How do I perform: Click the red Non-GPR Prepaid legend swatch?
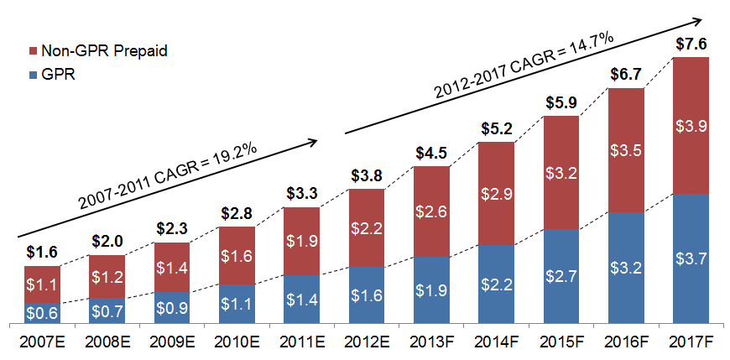pos(34,51)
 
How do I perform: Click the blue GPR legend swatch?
pos(34,74)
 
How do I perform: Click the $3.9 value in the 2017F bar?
pos(691,127)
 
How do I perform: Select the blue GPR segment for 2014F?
pos(496,284)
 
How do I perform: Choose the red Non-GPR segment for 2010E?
pos(237,255)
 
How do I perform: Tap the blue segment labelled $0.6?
pos(42,313)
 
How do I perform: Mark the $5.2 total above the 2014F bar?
pos(496,130)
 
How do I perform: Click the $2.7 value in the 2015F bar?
pos(561,276)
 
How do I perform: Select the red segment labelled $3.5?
pos(626,151)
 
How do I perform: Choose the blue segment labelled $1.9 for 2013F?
pos(431,290)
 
